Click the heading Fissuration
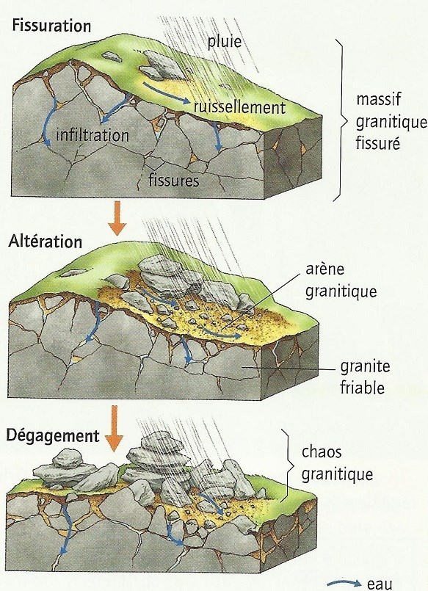pyautogui.click(x=51, y=26)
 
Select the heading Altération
pyautogui.click(x=46, y=242)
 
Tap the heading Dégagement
pyautogui.click(x=53, y=435)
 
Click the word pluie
pyautogui.click(x=224, y=41)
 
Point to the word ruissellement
pyautogui.click(x=239, y=107)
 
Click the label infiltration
pyautogui.click(x=93, y=135)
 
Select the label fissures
pyautogui.click(x=174, y=180)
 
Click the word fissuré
pyautogui.click(x=378, y=143)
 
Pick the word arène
pyautogui.click(x=324, y=269)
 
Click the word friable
pyautogui.click(x=363, y=388)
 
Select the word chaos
pyautogui.click(x=322, y=452)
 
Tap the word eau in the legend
pyautogui.click(x=380, y=584)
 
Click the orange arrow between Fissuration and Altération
pyautogui.click(x=117, y=218)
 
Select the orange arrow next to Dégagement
pyautogui.click(x=114, y=429)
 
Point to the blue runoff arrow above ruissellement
pyautogui.click(x=166, y=93)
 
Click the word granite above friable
pyautogui.click(x=365, y=366)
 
